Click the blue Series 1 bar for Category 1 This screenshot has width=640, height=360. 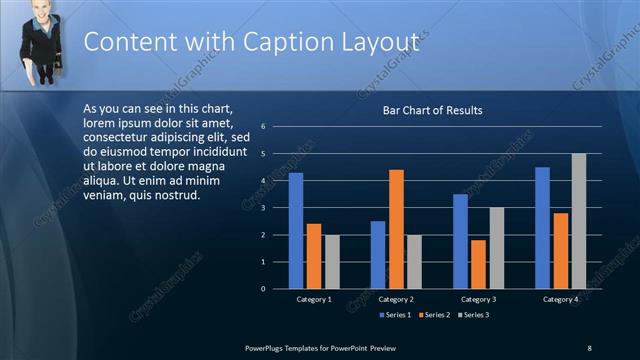click(x=296, y=230)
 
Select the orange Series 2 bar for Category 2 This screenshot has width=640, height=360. click(x=396, y=229)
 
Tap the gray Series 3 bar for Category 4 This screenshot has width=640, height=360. click(x=578, y=221)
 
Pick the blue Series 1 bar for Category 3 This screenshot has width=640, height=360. click(x=460, y=241)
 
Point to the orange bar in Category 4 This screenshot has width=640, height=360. click(x=560, y=250)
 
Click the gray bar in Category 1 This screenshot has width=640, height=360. click(x=332, y=261)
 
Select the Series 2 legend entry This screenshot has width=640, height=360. click(x=436, y=315)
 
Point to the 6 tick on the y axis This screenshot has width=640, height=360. click(x=262, y=127)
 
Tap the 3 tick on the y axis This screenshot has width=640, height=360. click(x=262, y=208)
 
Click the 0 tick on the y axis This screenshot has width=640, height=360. click(x=262, y=289)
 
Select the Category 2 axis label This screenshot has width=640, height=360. click(x=396, y=299)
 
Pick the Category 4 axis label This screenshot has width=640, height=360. click(x=561, y=299)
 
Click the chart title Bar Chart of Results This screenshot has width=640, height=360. click(x=433, y=110)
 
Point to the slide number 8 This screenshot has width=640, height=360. click(x=589, y=347)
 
